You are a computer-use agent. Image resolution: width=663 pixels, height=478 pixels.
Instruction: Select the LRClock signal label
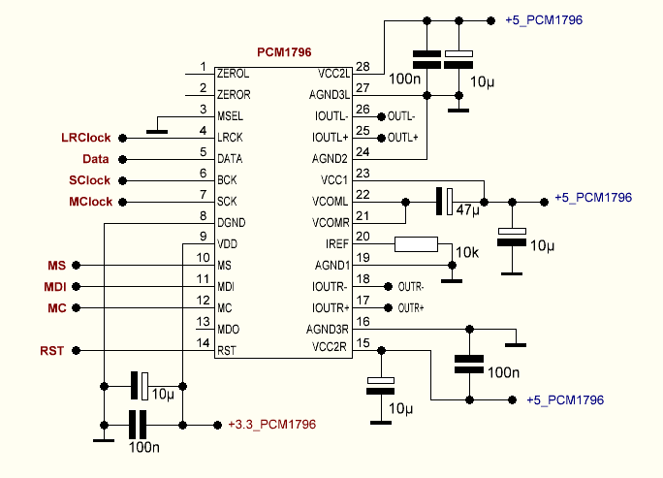pos(86,138)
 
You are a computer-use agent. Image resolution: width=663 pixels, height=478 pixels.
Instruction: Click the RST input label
pos(51,350)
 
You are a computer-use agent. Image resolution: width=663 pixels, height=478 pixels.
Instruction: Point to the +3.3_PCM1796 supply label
pos(271,425)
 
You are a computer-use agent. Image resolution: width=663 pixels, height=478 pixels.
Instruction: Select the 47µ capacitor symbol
pos(443,202)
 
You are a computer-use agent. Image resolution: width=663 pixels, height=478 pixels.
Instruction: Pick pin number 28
pos(363,67)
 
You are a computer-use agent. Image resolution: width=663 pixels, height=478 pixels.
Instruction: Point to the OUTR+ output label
pos(411,308)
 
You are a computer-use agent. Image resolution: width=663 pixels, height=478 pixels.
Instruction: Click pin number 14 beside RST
pos(203,342)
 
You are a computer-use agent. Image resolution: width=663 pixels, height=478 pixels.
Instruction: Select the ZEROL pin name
pos(234,73)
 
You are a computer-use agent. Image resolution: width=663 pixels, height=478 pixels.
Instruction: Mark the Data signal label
pos(95,159)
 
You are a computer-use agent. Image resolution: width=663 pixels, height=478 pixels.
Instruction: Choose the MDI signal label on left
pos(55,286)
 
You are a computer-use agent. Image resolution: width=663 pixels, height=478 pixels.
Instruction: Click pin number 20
pos(363,237)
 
